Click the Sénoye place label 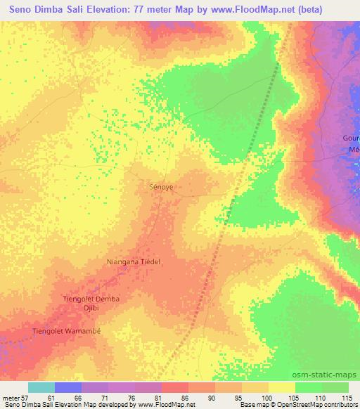[162, 188]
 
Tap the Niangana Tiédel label [134, 261]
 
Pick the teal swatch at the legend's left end [41, 387]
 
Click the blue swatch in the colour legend [68, 387]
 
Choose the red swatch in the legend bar [175, 387]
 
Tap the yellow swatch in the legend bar [282, 387]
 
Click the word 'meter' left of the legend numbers [11, 397]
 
